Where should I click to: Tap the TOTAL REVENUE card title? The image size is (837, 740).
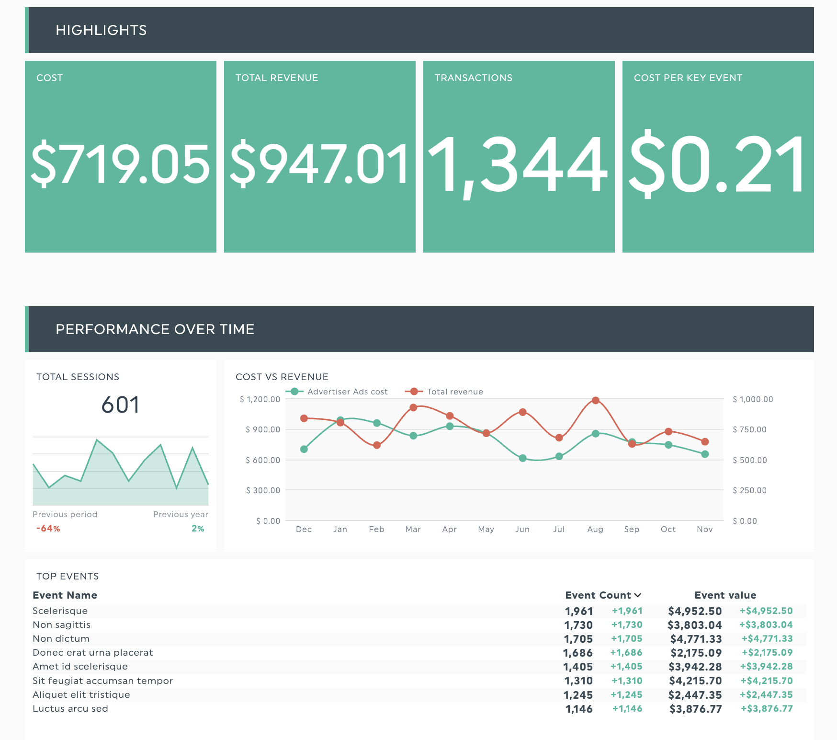pyautogui.click(x=276, y=78)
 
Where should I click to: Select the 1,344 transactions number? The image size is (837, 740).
pyautogui.click(x=518, y=164)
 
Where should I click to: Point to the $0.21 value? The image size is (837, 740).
pyautogui.click(x=717, y=164)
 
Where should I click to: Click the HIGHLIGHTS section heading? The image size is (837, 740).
pyautogui.click(x=101, y=30)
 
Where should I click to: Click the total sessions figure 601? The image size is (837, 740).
pyautogui.click(x=120, y=405)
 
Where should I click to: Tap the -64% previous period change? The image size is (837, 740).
pyautogui.click(x=48, y=529)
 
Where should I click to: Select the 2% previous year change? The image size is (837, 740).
pyautogui.click(x=198, y=529)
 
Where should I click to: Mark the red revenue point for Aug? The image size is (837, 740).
pyautogui.click(x=595, y=400)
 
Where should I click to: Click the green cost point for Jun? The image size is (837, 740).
pyautogui.click(x=522, y=458)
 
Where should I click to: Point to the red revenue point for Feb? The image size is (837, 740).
pyautogui.click(x=377, y=445)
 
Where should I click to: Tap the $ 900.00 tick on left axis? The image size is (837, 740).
pyautogui.click(x=262, y=429)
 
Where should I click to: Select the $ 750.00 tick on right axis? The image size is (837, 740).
pyautogui.click(x=749, y=429)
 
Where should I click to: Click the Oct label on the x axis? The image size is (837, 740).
pyautogui.click(x=668, y=529)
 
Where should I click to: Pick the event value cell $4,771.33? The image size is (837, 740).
pyautogui.click(x=696, y=639)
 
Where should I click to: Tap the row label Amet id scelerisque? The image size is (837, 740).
pyautogui.click(x=80, y=666)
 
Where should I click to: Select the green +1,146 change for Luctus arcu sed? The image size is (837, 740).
pyautogui.click(x=627, y=708)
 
